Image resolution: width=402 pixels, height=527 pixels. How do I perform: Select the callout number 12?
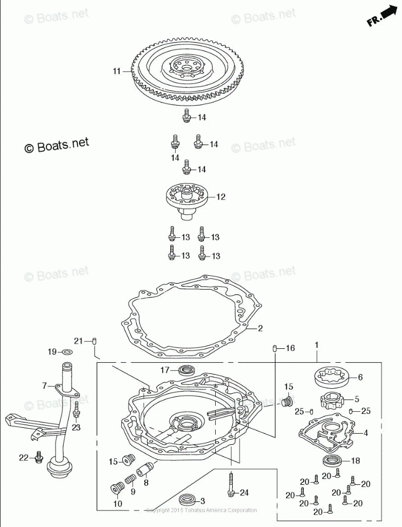(220, 197)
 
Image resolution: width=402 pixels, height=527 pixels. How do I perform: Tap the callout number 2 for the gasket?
(260, 328)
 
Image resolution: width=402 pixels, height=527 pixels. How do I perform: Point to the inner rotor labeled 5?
(331, 400)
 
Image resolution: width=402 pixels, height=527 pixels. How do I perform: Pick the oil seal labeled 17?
(187, 370)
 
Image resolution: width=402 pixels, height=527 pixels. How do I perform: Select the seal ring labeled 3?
(187, 500)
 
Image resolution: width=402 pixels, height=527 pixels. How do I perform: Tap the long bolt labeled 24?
(231, 483)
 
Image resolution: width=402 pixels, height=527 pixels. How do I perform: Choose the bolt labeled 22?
(38, 457)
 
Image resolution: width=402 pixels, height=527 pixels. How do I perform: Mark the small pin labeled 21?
(94, 341)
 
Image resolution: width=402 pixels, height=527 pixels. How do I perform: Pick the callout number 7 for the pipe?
(45, 385)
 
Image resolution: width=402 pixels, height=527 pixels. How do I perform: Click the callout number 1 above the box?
(316, 346)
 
